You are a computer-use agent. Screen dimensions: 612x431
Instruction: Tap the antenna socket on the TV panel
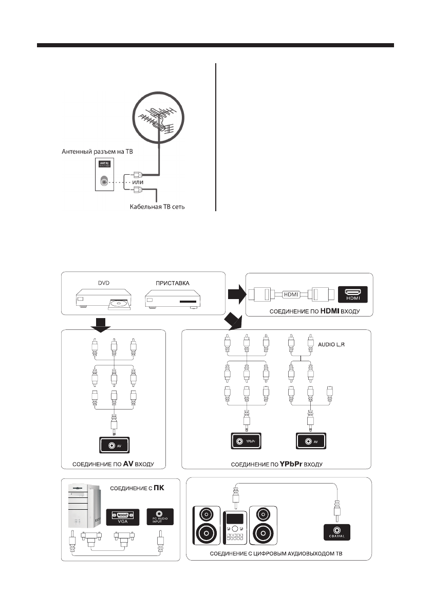pos(105,181)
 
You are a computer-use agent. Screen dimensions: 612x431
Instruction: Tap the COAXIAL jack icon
pos(338,531)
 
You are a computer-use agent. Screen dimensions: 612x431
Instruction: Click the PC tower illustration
pos(82,508)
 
